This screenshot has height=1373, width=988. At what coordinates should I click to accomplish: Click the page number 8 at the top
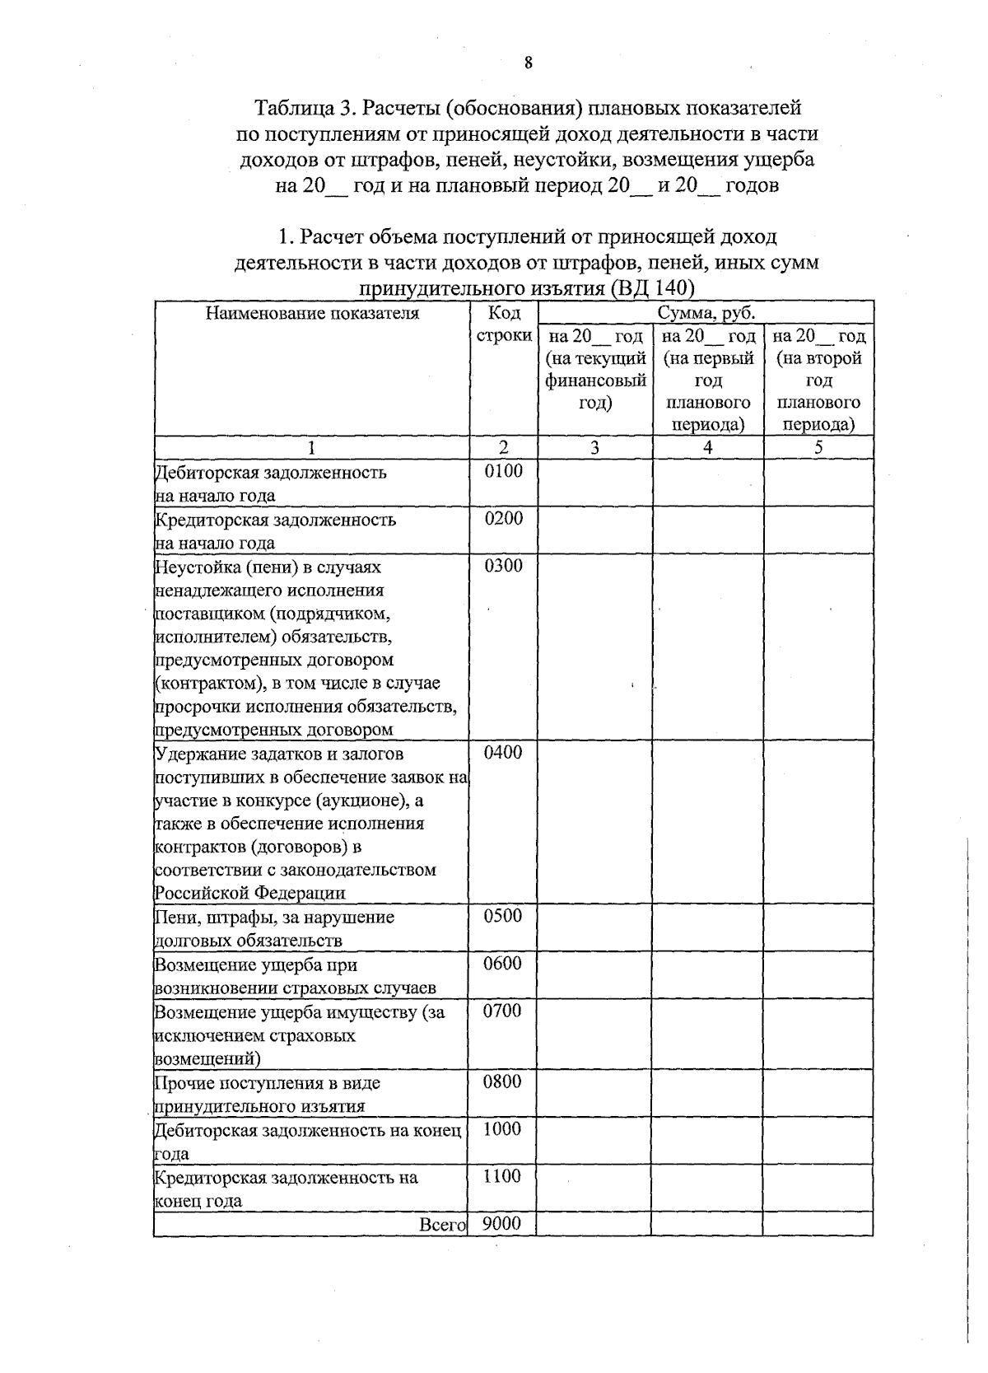pos(528,63)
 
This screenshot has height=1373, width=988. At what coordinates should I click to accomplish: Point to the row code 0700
pos(502,1011)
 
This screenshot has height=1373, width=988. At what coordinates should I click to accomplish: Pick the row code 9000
pos(501,1223)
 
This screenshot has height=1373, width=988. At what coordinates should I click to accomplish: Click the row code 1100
pos(501,1176)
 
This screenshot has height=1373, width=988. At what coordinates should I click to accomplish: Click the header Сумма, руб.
pos(706,313)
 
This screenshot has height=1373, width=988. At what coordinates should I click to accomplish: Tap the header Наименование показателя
pos(312,313)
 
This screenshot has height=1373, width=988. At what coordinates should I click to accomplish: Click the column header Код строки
pos(504,325)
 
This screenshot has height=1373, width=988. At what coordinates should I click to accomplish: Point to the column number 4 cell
pos(708,447)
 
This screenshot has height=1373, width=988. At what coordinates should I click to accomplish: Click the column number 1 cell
pos(312,447)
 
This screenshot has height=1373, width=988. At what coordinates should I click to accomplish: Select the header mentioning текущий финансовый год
pos(594,369)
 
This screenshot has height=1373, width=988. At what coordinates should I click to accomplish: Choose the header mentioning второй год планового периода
pos(818,380)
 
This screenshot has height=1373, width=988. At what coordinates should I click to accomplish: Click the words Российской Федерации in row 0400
pos(250,893)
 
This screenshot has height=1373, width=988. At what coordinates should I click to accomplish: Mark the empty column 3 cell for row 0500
pos(594,927)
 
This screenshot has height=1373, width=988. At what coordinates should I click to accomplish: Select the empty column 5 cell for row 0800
pos(818,1093)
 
